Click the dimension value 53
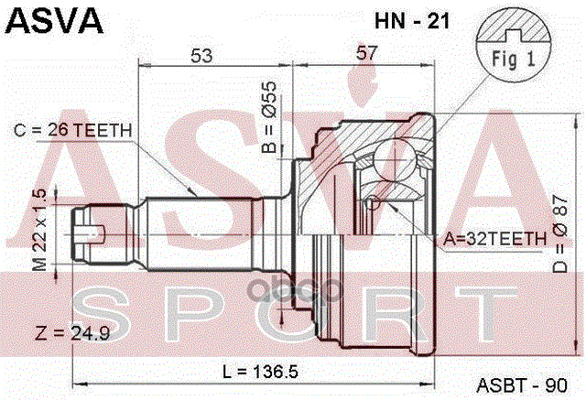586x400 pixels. (x=202, y=56)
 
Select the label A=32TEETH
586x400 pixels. (x=495, y=239)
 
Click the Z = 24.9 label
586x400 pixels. (x=70, y=333)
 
